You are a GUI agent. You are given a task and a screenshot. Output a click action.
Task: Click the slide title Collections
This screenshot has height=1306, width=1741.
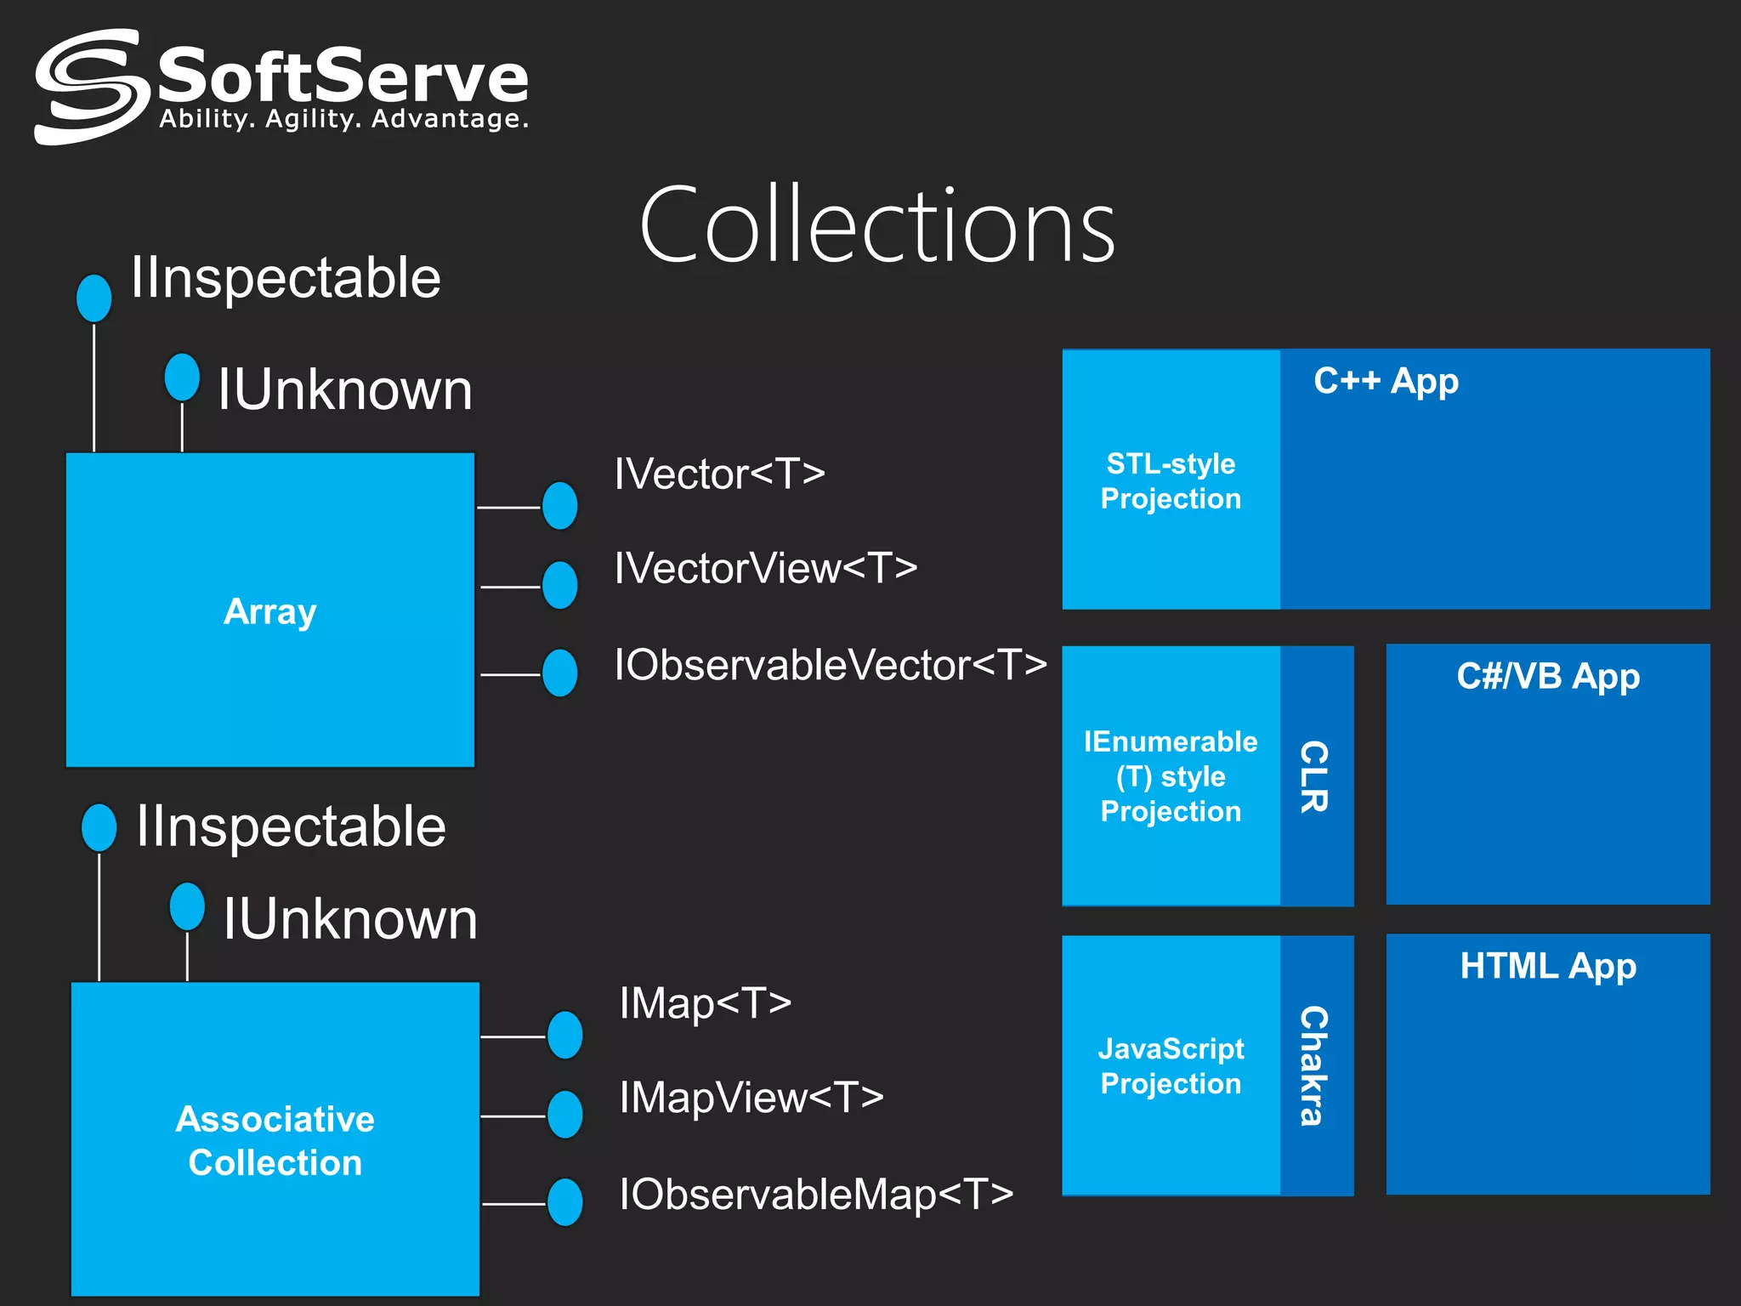pyautogui.click(x=876, y=226)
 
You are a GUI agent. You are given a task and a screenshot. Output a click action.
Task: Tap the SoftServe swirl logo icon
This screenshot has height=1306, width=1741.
pyautogui.click(x=87, y=87)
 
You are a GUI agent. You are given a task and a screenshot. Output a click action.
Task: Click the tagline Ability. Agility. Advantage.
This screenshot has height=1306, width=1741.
pyautogui.click(x=343, y=119)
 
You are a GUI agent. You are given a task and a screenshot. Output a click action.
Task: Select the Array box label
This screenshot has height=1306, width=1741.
pyautogui.click(x=269, y=611)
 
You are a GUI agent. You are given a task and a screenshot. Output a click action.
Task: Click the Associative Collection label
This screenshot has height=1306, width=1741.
pyautogui.click(x=275, y=1140)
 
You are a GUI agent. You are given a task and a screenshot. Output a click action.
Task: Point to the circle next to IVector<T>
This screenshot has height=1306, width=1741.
pyautogui.click(x=560, y=506)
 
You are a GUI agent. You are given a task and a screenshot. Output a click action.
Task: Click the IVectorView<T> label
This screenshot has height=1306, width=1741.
pyautogui.click(x=765, y=568)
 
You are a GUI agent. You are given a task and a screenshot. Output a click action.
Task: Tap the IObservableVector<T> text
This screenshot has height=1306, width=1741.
pyautogui.click(x=831, y=665)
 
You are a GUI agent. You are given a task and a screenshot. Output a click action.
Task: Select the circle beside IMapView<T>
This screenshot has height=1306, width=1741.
pyautogui.click(x=565, y=1115)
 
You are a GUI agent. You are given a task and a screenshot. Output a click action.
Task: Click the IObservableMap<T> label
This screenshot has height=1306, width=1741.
pyautogui.click(x=816, y=1194)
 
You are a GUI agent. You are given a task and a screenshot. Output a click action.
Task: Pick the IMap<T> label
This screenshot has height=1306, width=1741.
pyautogui.click(x=706, y=1003)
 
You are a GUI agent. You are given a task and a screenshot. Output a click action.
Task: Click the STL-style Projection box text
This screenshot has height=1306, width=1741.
pyautogui.click(x=1171, y=481)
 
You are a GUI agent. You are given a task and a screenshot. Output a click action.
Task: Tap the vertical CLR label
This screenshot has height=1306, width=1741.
pyautogui.click(x=1314, y=776)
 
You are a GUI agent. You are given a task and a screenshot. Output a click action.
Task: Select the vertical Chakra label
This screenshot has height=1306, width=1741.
pyautogui.click(x=1314, y=1065)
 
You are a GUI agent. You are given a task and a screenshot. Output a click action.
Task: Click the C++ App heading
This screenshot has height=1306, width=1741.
pyautogui.click(x=1386, y=381)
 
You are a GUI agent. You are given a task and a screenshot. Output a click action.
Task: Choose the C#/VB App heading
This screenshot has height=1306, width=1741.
pyautogui.click(x=1547, y=677)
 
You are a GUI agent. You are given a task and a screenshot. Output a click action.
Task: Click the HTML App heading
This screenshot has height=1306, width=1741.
pyautogui.click(x=1547, y=967)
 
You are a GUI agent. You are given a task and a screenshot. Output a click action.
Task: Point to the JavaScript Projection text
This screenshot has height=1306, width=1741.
pyautogui.click(x=1171, y=1066)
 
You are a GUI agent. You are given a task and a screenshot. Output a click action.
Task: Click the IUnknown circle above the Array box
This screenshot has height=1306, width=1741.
pyautogui.click(x=182, y=377)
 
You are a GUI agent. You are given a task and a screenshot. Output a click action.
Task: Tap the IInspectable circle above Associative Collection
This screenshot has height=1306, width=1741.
pyautogui.click(x=99, y=827)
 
